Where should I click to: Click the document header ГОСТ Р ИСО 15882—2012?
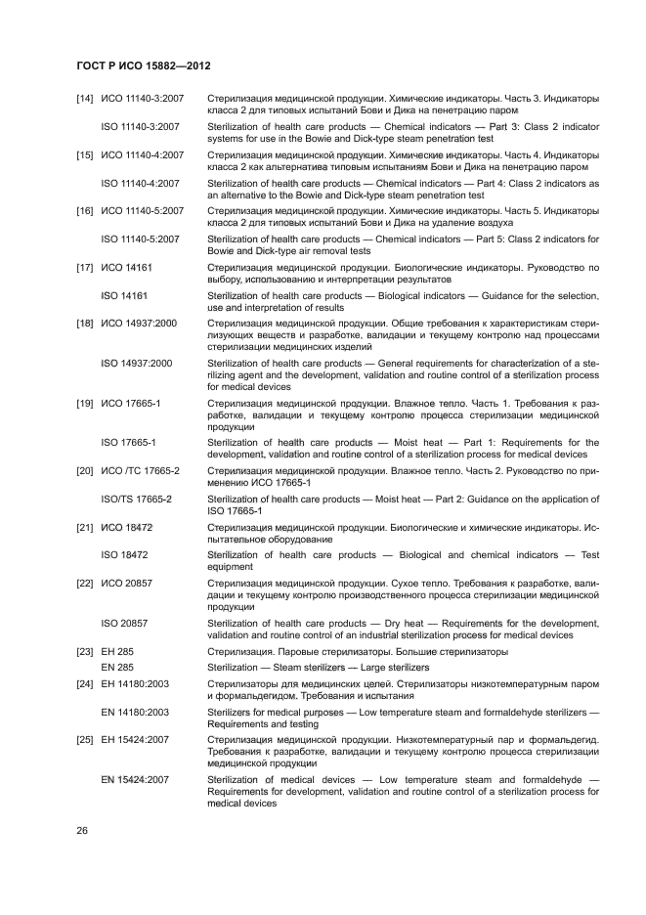(144, 65)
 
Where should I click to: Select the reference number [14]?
(85, 100)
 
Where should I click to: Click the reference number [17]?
(85, 266)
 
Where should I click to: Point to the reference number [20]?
(85, 471)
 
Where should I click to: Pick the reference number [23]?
(85, 652)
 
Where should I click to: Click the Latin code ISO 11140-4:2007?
(141, 183)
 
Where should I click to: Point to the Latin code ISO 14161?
(124, 294)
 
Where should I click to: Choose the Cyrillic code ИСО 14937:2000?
(138, 323)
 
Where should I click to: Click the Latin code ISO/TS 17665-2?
(137, 500)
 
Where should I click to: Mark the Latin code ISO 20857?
(124, 623)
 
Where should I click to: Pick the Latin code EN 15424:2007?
(135, 780)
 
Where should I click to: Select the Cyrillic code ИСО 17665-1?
(130, 402)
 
